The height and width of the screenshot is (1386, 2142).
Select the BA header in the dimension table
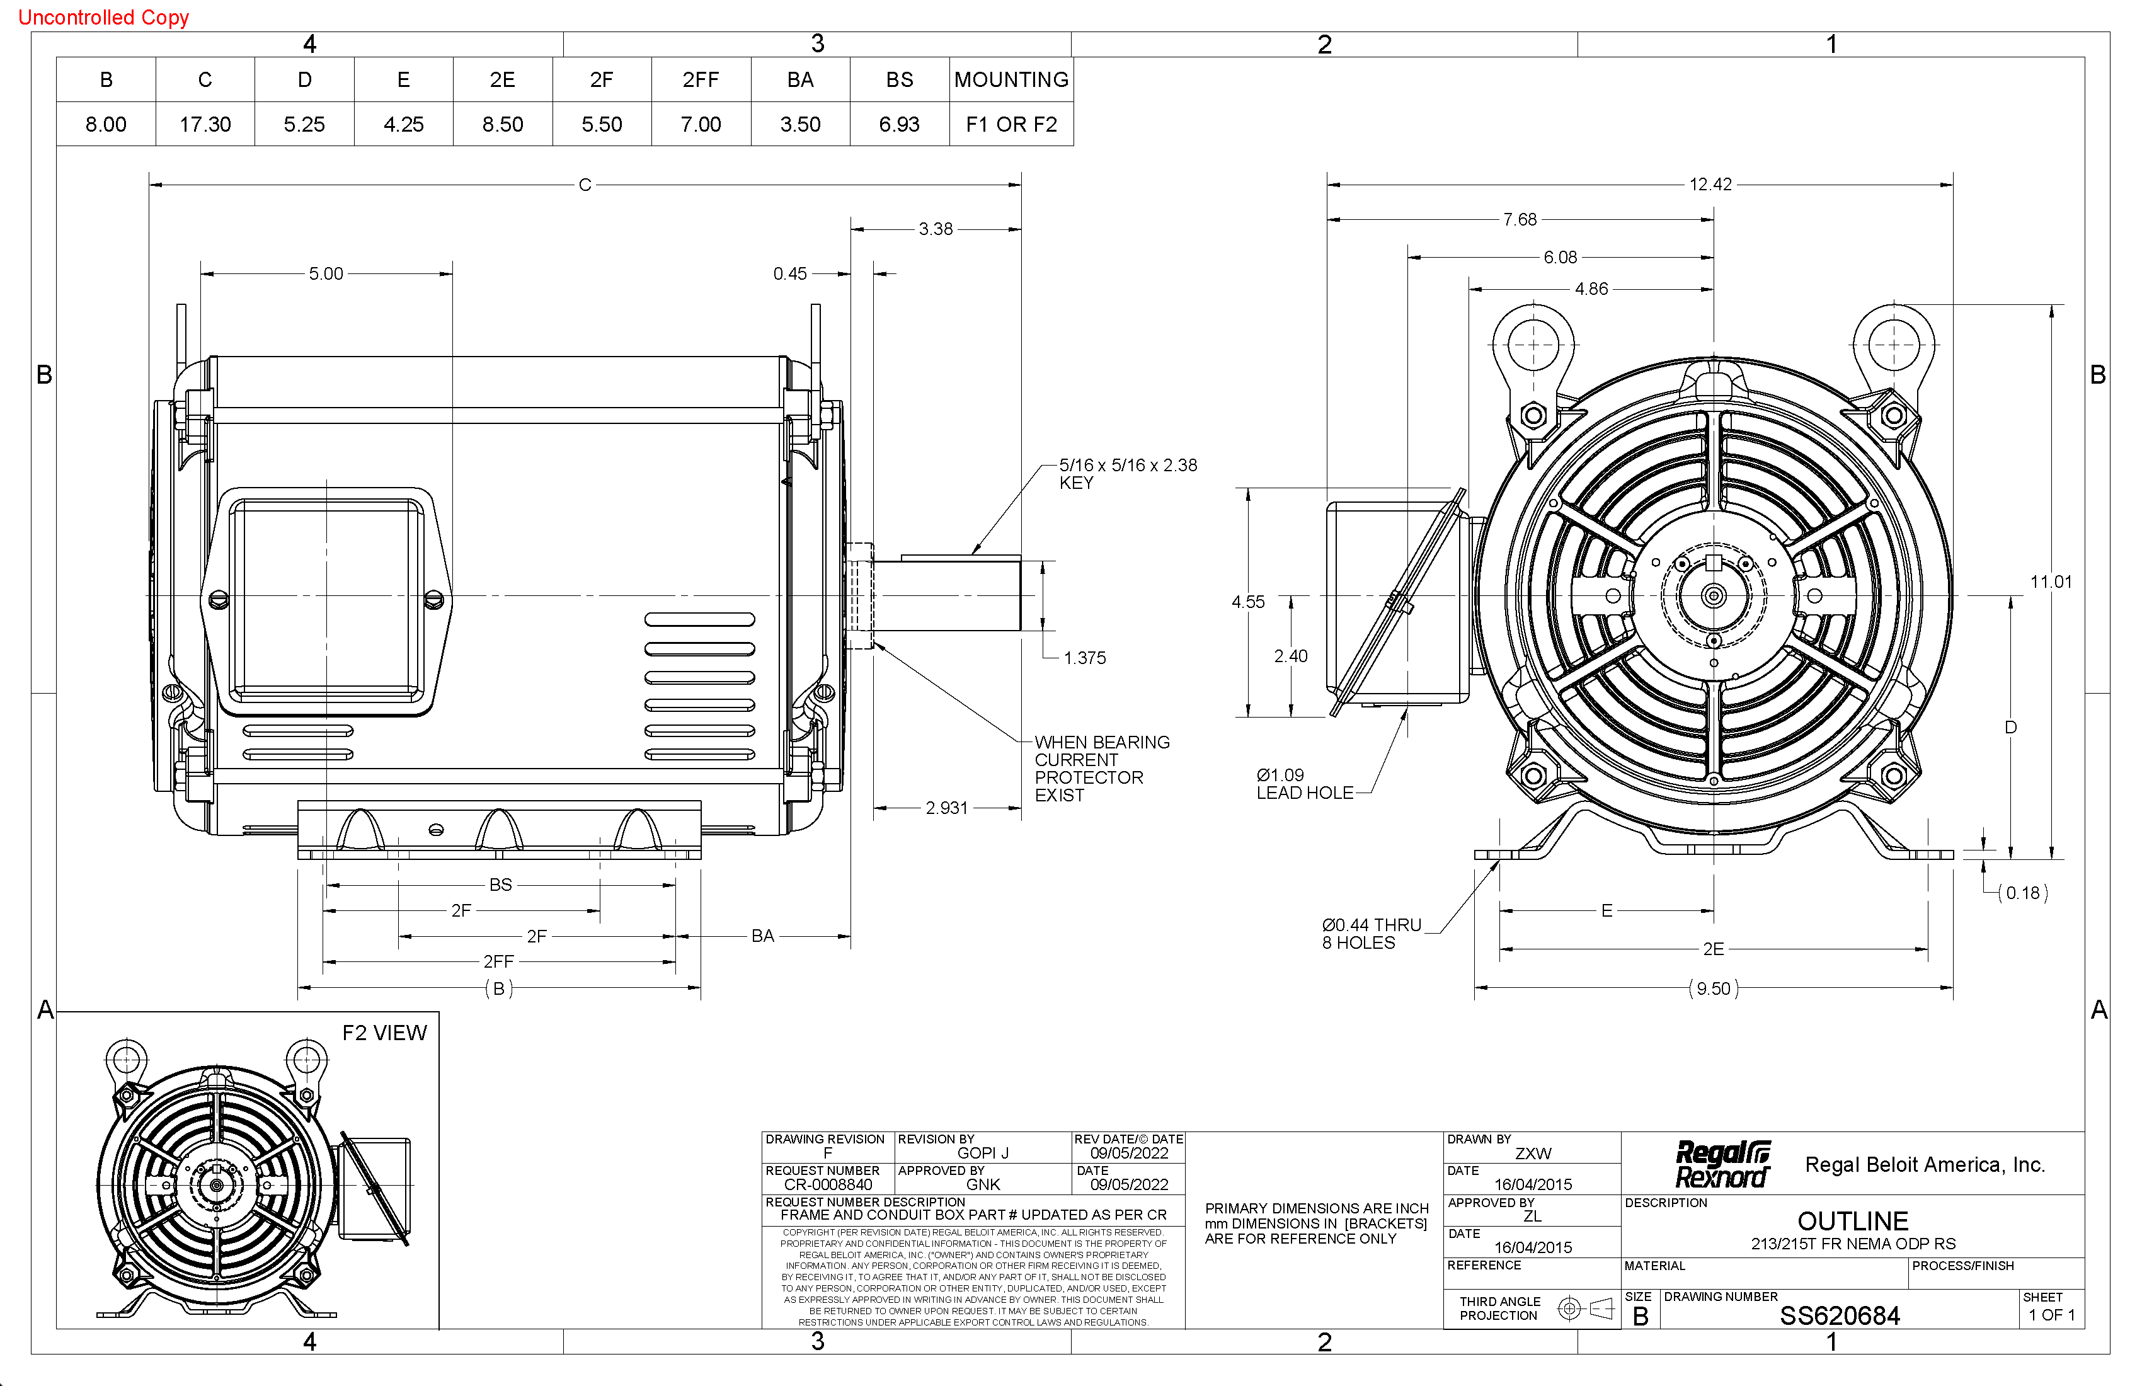pyautogui.click(x=800, y=80)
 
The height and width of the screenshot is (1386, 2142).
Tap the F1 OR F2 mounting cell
pyautogui.click(x=1011, y=124)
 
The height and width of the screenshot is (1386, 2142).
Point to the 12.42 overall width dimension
pyautogui.click(x=1710, y=185)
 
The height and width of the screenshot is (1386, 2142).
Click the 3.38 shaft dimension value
pyautogui.click(x=935, y=229)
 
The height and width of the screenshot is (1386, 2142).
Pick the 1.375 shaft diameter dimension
pyautogui.click(x=1084, y=658)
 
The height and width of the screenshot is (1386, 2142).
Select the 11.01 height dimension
pyautogui.click(x=2050, y=582)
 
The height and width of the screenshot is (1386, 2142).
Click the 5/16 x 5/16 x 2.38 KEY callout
pyautogui.click(x=1127, y=473)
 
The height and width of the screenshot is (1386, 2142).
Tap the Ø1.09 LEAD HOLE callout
pyautogui.click(x=1304, y=784)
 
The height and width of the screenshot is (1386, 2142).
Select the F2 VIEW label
pyautogui.click(x=384, y=1033)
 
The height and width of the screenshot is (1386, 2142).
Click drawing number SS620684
pyautogui.click(x=1840, y=1316)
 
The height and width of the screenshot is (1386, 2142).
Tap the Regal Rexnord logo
pyautogui.click(x=1722, y=1165)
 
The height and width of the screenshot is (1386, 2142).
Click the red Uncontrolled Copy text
pyautogui.click(x=103, y=17)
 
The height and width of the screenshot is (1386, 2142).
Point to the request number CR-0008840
pyautogui.click(x=827, y=1184)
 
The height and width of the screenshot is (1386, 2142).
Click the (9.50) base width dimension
pyautogui.click(x=1713, y=989)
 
